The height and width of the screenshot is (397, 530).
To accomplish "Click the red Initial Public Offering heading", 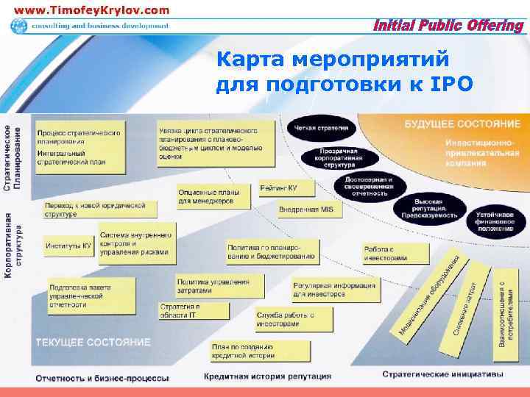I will (448, 26).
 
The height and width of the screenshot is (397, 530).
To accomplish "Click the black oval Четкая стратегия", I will (322, 127).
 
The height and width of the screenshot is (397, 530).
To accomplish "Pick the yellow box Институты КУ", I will (68, 245).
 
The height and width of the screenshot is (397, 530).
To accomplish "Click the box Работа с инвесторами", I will (395, 254).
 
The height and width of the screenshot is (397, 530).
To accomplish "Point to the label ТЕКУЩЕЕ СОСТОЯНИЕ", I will (93, 343).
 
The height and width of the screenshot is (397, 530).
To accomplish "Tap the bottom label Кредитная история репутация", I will (267, 376).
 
